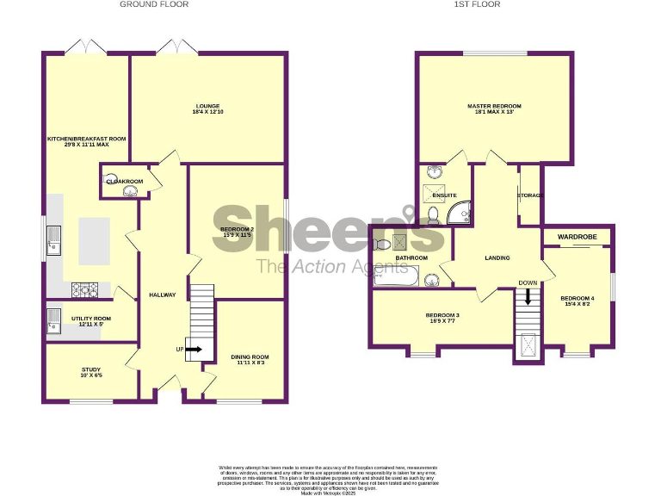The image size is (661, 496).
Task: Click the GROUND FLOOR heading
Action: (154, 4)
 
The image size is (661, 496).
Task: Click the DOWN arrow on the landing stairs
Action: (528, 295)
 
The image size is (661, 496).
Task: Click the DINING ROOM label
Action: (250, 359)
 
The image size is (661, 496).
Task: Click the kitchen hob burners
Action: (86, 288)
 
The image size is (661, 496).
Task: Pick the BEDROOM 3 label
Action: (442, 318)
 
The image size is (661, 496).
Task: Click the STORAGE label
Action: (530, 195)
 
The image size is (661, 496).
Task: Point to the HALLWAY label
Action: (162, 294)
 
